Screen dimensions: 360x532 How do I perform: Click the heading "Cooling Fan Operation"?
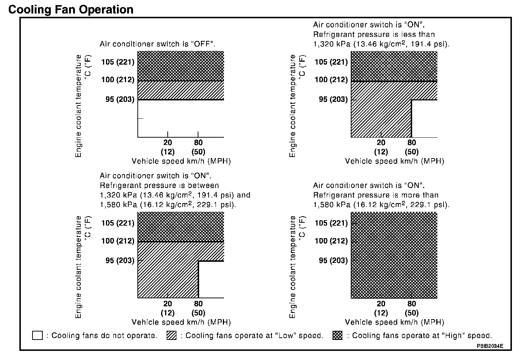[x=71, y=9]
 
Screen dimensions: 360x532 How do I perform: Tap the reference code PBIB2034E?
[x=490, y=345]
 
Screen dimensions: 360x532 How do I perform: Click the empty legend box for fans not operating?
[x=37, y=336]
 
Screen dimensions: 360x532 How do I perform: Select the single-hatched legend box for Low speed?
[x=171, y=336]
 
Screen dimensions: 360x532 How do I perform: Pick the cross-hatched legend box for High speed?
[x=338, y=336]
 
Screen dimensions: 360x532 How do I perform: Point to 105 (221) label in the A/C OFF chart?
[x=118, y=62]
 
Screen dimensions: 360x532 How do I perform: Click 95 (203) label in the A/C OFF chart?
[x=120, y=99]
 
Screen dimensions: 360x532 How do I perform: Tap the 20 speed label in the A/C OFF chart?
[x=168, y=143]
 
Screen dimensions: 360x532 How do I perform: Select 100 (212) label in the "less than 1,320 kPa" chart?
[x=331, y=80]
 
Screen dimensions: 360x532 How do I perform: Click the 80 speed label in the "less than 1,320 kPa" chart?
[x=412, y=143]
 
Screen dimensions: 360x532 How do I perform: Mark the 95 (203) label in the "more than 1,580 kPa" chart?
[x=333, y=260]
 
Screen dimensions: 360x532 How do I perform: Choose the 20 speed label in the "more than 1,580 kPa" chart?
[x=381, y=304]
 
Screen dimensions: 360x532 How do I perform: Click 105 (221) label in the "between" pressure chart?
[x=118, y=223]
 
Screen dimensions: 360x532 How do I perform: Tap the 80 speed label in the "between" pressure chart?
[x=198, y=304]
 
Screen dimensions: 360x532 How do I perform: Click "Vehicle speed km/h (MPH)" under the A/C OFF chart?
[x=181, y=161]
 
